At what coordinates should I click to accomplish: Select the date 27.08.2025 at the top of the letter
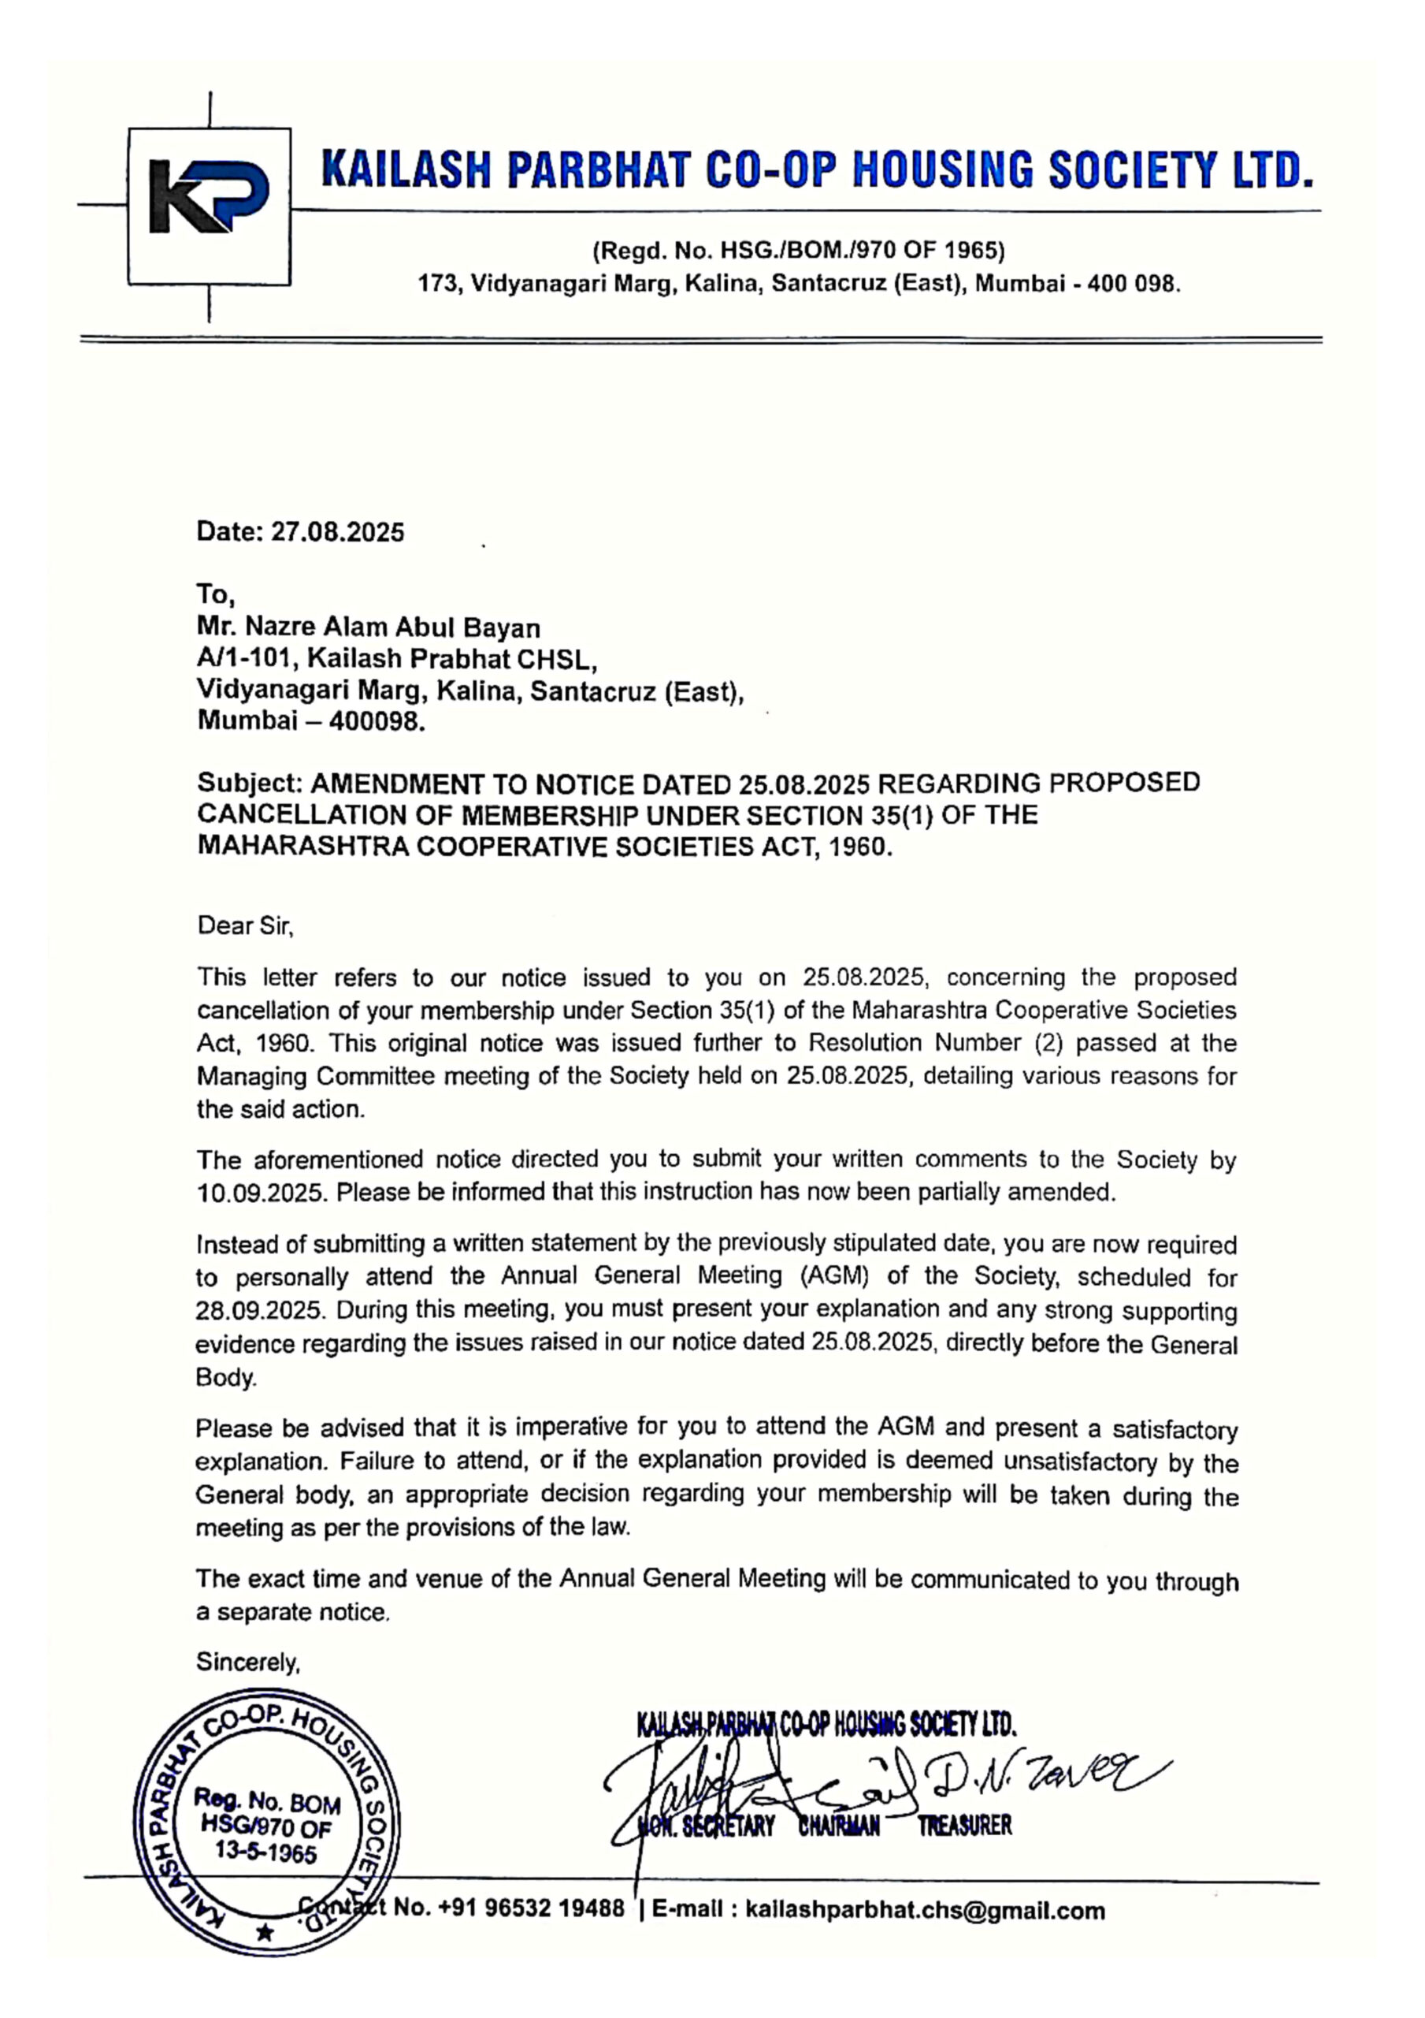tap(337, 532)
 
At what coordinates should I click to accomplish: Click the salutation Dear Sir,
tap(245, 925)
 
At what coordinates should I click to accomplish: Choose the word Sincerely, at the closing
tap(248, 1663)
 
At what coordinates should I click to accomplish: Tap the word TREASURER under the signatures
tap(965, 1827)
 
